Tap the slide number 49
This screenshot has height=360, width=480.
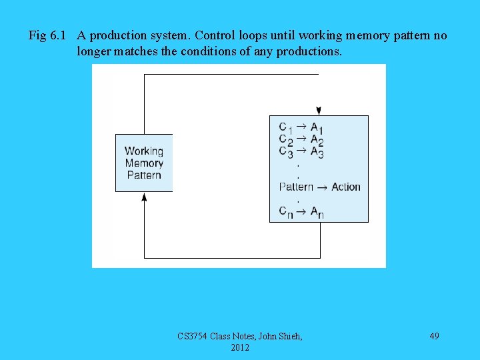tap(434, 336)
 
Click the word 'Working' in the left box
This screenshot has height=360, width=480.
tap(143, 151)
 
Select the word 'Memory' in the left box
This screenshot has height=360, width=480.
tap(143, 163)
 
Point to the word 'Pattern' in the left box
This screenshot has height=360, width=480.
tap(143, 175)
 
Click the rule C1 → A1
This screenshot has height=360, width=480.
tap(301, 127)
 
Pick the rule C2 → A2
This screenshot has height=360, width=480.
tap(301, 140)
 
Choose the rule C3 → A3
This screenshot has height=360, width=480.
tap(301, 152)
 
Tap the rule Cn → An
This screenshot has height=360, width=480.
tap(301, 212)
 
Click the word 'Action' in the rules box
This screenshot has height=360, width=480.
tap(345, 187)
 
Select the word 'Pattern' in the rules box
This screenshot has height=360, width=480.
tap(296, 187)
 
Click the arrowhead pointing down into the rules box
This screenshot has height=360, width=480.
tap(319, 111)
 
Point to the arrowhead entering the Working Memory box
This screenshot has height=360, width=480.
tap(144, 197)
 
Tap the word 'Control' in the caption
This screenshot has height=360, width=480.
tap(215, 35)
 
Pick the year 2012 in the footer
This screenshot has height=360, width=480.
tap(240, 347)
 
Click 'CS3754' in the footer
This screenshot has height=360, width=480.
tap(193, 336)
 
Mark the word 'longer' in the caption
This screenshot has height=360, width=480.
tap(95, 51)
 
